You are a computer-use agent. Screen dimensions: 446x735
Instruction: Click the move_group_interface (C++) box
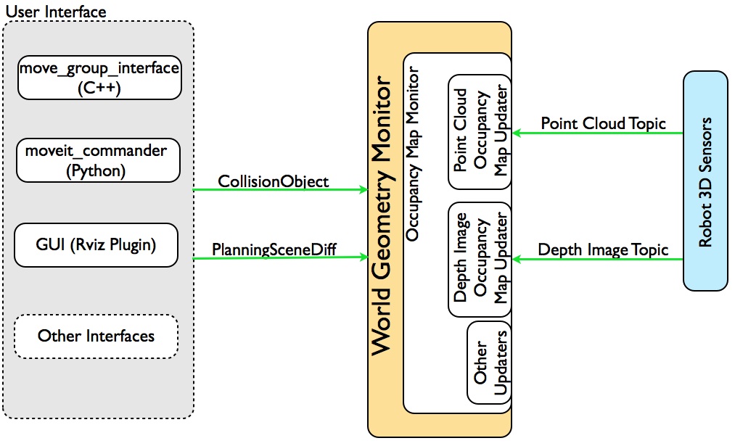(98, 78)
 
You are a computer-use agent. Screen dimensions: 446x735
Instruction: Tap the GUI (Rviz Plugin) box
(97, 244)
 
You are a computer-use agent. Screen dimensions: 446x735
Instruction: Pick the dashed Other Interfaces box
(97, 336)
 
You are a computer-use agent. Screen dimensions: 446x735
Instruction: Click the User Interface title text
(55, 12)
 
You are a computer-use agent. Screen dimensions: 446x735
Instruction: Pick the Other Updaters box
(490, 363)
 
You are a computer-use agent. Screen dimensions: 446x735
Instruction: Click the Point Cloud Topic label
(603, 123)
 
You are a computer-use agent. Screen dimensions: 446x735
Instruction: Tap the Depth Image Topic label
(602, 250)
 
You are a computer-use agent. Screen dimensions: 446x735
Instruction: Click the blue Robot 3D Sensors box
(705, 180)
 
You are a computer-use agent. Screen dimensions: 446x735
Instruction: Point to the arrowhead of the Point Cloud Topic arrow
(517, 133)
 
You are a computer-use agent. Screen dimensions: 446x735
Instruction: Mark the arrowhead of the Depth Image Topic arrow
(517, 260)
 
